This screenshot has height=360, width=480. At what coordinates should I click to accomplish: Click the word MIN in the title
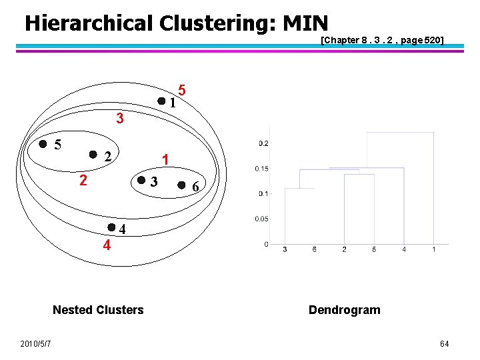point(305,23)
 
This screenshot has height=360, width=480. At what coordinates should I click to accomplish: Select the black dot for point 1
point(161,101)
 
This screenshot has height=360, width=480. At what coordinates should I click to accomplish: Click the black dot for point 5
point(43,143)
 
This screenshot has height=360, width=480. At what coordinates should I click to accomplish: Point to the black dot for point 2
point(93,155)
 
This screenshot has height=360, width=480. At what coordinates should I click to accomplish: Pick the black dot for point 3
point(141,180)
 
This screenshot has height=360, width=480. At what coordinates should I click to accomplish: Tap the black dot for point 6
point(181,186)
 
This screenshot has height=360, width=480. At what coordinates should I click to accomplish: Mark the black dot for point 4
point(111,228)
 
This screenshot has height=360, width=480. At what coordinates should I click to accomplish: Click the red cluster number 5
point(182,90)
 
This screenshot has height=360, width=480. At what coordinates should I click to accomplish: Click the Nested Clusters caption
point(98,309)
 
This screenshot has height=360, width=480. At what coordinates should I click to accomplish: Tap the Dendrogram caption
point(344,309)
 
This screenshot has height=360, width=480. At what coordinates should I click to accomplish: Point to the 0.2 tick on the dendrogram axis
point(263,143)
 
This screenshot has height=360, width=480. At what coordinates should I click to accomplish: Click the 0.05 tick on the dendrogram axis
point(261,219)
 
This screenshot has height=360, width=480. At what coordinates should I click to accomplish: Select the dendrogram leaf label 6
point(314,249)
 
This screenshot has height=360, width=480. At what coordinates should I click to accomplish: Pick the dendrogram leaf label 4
point(404,249)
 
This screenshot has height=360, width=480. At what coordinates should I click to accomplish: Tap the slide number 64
point(444,343)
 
